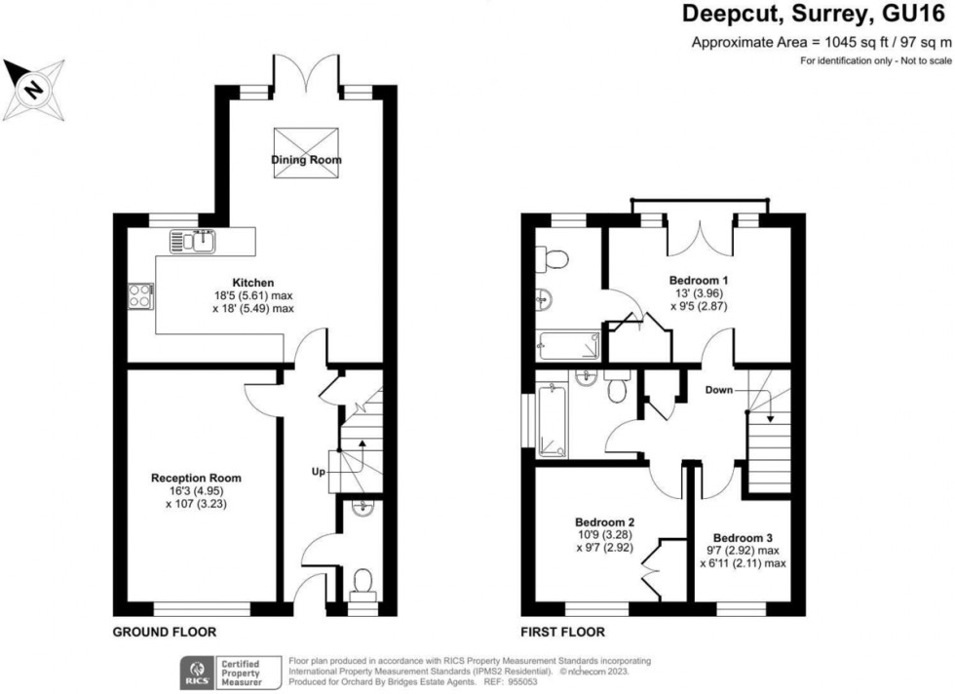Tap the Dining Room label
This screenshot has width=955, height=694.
307,160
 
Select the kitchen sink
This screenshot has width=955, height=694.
195,241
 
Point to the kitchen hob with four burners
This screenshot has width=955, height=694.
137,295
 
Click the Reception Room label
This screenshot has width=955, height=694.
196,478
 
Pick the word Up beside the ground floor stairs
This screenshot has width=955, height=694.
319,472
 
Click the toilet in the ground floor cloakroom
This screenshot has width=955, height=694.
363,583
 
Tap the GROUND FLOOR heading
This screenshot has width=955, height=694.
165,632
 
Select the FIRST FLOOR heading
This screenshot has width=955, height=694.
562,632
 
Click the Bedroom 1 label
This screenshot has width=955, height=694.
699,280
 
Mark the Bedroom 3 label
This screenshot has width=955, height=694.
743,538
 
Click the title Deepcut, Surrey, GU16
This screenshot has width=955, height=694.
816,14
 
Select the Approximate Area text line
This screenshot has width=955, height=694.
821,42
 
